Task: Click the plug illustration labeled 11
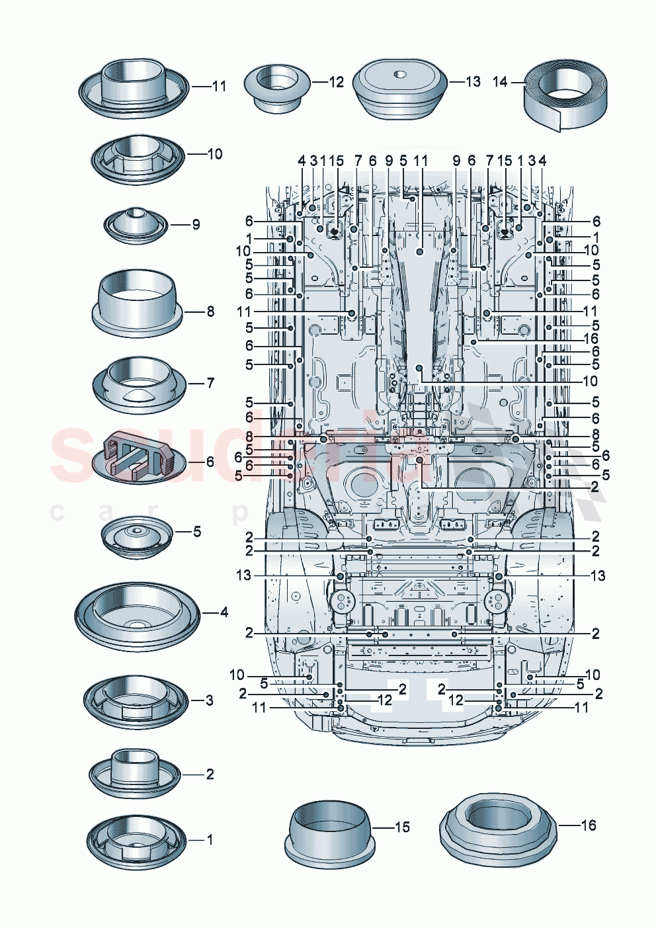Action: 134,87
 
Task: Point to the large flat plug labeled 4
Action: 137,616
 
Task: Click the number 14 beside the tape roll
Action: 500,81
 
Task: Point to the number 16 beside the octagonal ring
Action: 588,825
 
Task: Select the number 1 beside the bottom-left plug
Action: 210,839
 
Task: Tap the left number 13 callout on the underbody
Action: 243,575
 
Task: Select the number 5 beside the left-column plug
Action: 196,531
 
